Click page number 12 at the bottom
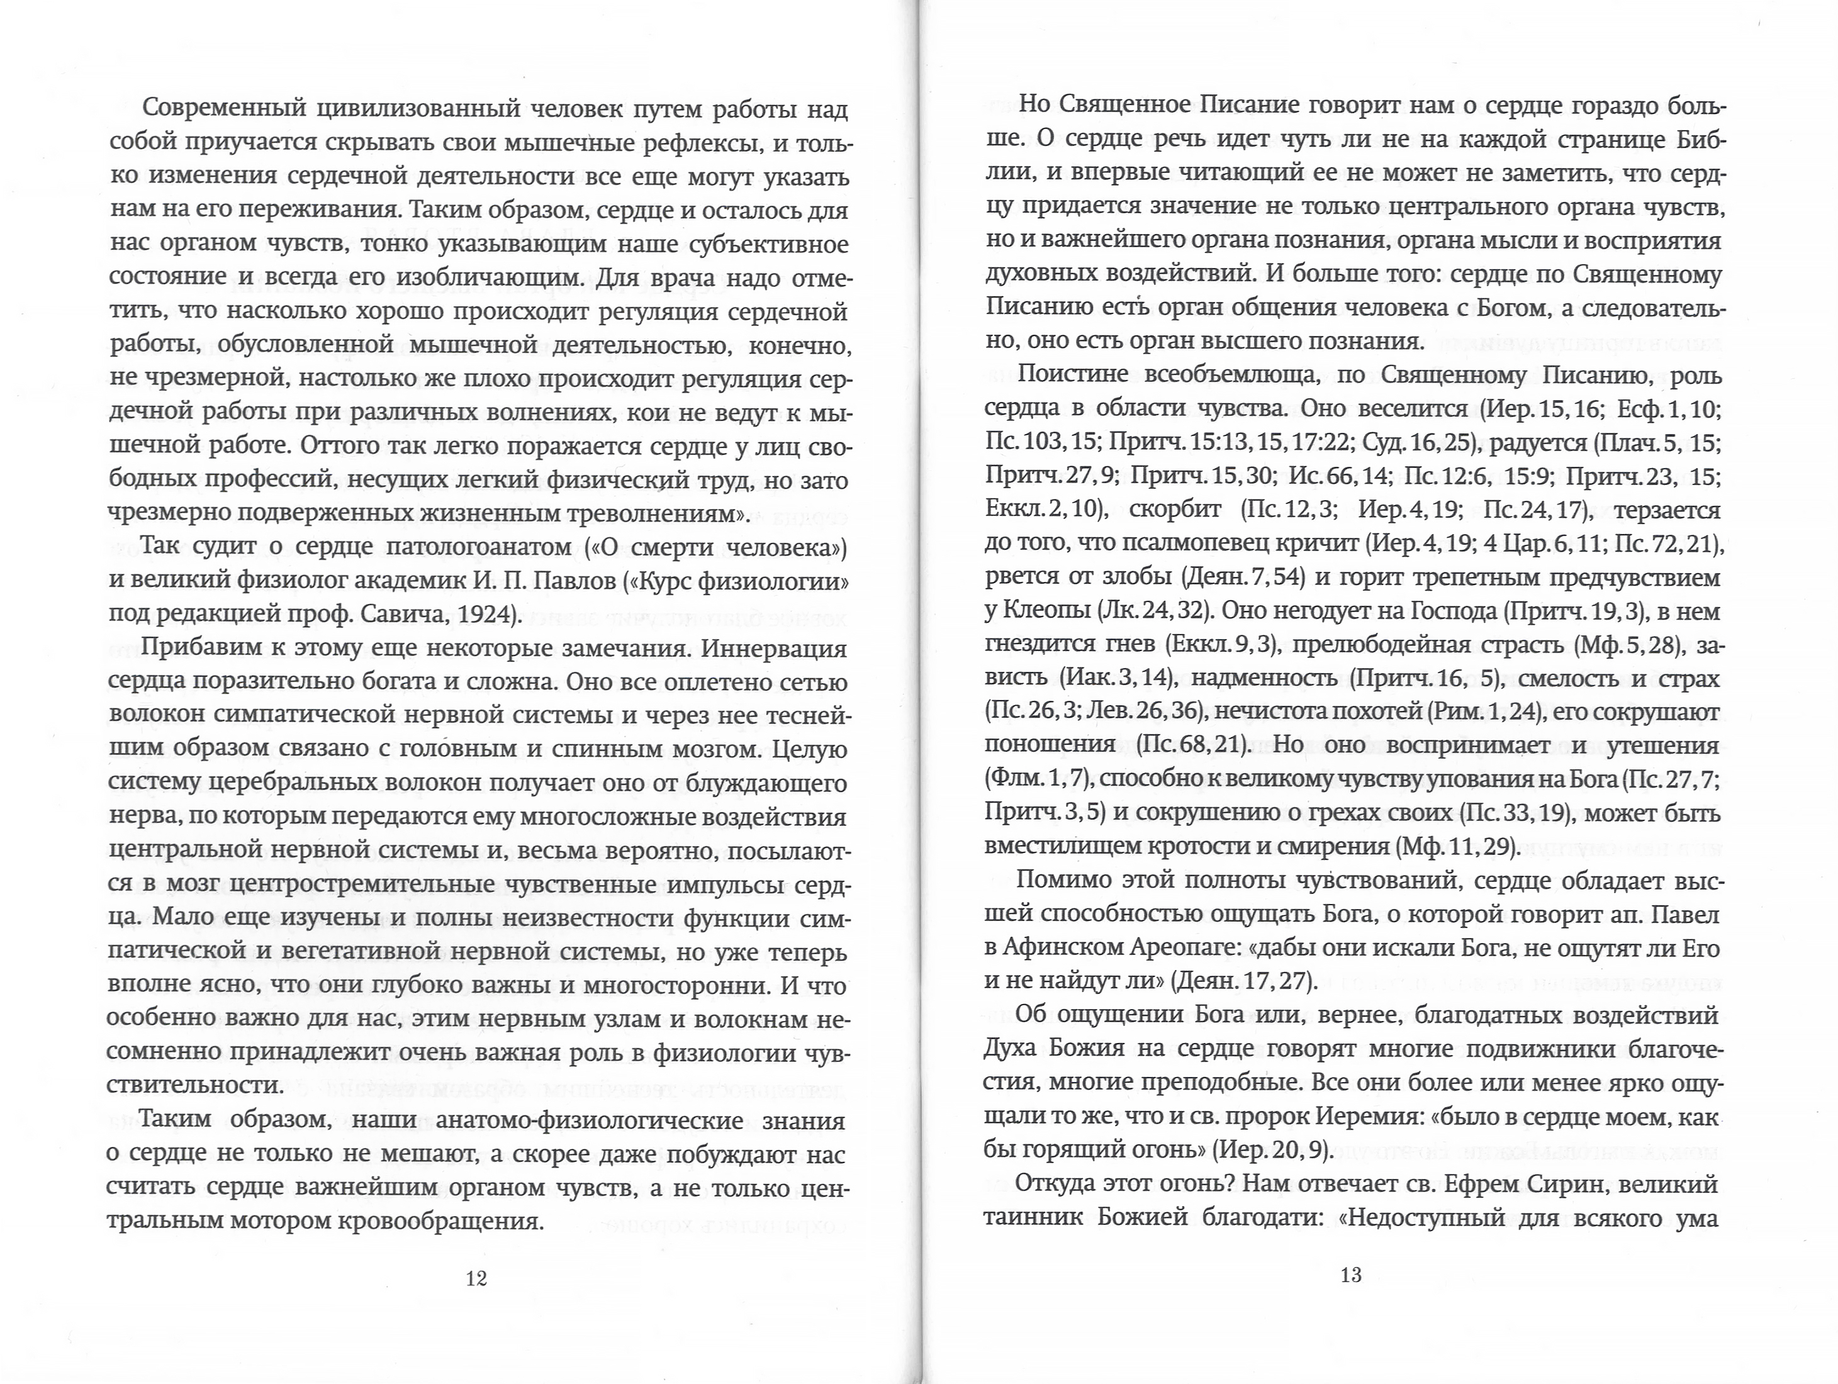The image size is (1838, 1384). click(x=476, y=1278)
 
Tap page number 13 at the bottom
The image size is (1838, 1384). click(x=1350, y=1275)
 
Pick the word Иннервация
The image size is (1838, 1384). click(x=773, y=648)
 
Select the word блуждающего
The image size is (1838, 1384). click(x=767, y=783)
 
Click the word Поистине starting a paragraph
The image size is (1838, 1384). click(x=1070, y=375)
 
